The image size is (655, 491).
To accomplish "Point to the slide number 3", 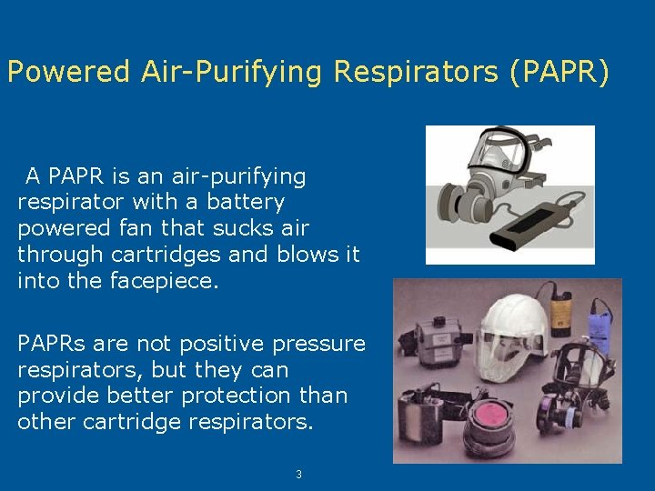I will click(x=297, y=474).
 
